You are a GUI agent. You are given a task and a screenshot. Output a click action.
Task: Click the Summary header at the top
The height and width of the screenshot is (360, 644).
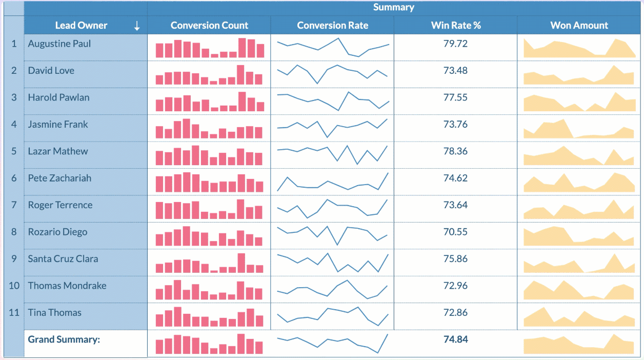393,7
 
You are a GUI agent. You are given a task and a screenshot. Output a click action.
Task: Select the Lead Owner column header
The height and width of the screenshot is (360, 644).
81,25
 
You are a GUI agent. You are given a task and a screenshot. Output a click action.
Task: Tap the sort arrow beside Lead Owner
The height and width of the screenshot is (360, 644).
137,26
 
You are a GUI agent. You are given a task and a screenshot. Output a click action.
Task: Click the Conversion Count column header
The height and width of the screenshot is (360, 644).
209,25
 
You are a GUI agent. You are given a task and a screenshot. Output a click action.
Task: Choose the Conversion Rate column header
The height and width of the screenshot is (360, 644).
332,25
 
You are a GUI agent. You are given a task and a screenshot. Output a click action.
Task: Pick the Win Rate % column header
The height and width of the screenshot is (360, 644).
455,25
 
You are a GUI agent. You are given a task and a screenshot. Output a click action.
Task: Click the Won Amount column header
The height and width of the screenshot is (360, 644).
579,25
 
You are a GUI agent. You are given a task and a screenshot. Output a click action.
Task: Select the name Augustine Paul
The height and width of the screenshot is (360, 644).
59,44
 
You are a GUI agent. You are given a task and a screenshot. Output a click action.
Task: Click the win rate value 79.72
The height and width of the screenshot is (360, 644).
455,44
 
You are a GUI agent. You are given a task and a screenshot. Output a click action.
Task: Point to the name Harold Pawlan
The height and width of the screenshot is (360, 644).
58,97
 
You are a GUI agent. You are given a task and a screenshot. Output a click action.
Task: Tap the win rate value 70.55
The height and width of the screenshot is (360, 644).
455,232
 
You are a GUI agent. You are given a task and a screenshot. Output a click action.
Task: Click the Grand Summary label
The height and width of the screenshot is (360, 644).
63,339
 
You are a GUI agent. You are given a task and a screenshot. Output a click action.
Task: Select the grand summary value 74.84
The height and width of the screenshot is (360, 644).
455,339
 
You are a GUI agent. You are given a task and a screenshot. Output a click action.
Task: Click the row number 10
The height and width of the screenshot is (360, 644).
14,286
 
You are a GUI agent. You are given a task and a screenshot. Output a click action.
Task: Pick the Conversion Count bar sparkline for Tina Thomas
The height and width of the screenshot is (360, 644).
209,316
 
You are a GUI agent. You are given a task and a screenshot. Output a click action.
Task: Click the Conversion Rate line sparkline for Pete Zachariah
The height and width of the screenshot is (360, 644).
332,182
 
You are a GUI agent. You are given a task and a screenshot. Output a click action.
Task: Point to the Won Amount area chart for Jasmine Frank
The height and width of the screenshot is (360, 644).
579,128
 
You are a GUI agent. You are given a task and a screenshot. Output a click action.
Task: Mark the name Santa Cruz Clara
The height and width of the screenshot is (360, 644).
63,259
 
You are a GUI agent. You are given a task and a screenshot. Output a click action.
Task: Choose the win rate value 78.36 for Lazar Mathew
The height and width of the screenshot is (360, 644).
455,151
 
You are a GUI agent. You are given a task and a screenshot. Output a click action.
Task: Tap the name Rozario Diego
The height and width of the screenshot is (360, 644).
57,232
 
